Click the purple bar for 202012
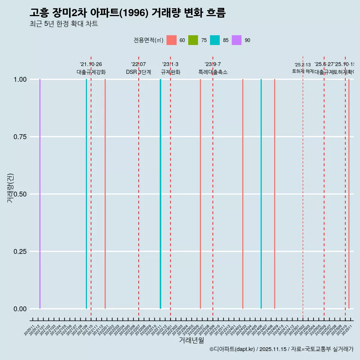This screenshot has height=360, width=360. pos(40,194)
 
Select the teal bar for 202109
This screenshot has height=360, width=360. pos(86,194)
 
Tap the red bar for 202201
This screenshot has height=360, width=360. pos(105,194)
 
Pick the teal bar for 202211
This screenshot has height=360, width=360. pos(160,194)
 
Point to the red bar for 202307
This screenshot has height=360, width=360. pos(200,194)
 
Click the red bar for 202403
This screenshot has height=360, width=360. pos(243,194)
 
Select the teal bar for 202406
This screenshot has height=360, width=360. pos(261,194)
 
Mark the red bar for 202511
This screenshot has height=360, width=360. pos(349,194)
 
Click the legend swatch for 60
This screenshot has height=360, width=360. pos(171,40)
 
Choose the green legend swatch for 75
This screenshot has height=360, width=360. pos(193,40)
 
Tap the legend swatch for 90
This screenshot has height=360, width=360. pos(237,40)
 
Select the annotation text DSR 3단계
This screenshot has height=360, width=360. pos(138,72)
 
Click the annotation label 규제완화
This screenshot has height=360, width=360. pos(171,72)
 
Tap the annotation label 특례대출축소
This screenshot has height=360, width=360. pos(213,72)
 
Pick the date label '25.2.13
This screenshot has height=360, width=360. pos(303,65)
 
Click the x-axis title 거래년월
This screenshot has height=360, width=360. pos(191,340)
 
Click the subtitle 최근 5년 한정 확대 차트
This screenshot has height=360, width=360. pos(64,24)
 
